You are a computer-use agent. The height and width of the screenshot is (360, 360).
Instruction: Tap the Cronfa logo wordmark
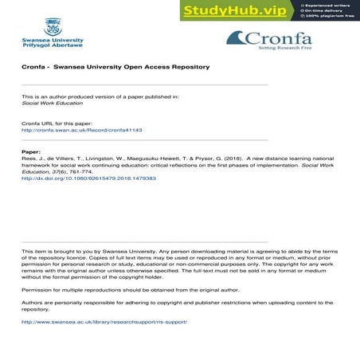(x=275, y=38)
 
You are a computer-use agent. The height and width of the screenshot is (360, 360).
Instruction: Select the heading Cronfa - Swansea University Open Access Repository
(x=115, y=67)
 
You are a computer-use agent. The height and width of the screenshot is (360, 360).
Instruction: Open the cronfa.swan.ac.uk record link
(x=81, y=130)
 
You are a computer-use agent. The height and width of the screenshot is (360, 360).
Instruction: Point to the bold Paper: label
(x=30, y=151)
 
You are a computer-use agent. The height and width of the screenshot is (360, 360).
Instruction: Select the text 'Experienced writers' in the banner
(x=327, y=4)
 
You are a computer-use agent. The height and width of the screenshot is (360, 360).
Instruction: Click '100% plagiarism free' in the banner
(x=330, y=15)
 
